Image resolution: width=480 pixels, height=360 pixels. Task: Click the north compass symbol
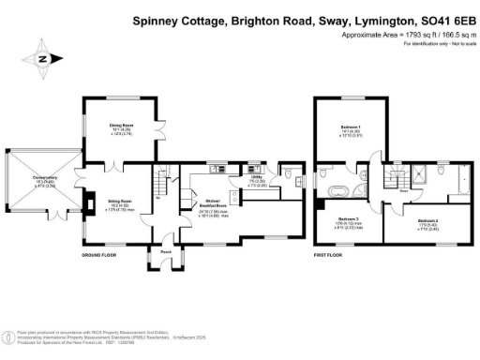(x=41, y=58)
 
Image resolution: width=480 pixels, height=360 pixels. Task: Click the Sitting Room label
(x=119, y=203)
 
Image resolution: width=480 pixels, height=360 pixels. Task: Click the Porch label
(x=165, y=250)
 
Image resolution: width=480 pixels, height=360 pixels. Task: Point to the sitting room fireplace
(x=89, y=200)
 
